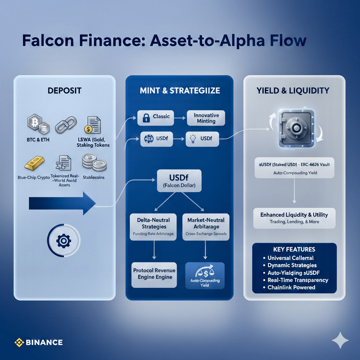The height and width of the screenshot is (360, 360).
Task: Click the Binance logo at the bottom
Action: (x=38, y=342)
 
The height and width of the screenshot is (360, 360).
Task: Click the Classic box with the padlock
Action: (x=156, y=117)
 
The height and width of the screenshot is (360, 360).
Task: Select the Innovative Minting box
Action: (x=206, y=118)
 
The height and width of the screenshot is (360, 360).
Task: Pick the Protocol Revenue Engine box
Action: (x=154, y=274)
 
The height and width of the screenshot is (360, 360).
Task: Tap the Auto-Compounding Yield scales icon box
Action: (x=205, y=274)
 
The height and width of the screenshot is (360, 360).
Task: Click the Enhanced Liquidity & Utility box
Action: (x=294, y=218)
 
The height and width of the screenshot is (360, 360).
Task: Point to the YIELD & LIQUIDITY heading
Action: (x=293, y=91)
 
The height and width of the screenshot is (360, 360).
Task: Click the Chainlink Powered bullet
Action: (x=294, y=287)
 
